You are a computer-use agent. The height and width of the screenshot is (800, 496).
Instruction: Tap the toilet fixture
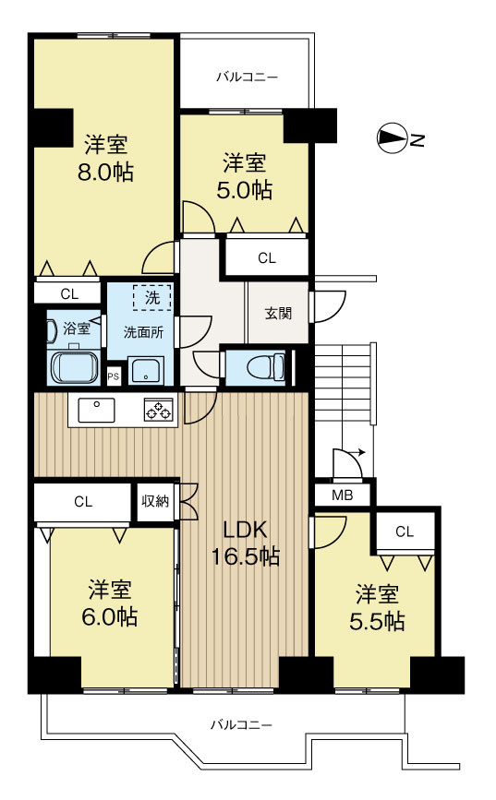click(266, 367)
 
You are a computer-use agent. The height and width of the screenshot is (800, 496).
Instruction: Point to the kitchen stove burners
click(158, 410)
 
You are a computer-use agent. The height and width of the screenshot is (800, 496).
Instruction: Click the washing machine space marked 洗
click(152, 297)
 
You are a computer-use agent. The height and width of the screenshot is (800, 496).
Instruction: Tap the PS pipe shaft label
click(114, 377)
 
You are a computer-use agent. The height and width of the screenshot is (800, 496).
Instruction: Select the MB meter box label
click(343, 495)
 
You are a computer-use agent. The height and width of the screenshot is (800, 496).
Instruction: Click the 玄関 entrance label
click(278, 314)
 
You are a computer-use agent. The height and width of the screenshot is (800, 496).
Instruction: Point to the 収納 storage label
click(155, 502)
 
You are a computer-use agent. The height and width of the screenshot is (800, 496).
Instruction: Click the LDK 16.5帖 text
click(245, 543)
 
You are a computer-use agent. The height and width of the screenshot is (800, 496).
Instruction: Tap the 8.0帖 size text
click(105, 173)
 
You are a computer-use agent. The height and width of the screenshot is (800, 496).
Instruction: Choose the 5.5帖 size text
click(377, 621)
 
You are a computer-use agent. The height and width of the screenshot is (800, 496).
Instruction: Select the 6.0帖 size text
click(109, 617)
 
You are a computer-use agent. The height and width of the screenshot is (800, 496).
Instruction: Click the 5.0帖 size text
click(244, 190)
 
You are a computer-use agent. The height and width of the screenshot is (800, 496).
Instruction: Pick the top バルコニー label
click(247, 78)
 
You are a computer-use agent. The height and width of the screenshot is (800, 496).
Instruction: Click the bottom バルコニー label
click(242, 724)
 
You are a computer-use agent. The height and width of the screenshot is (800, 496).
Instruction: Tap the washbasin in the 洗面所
click(146, 369)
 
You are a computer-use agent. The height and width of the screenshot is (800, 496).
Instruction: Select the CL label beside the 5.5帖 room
click(404, 532)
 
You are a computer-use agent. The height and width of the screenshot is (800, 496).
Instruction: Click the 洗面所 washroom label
click(143, 332)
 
